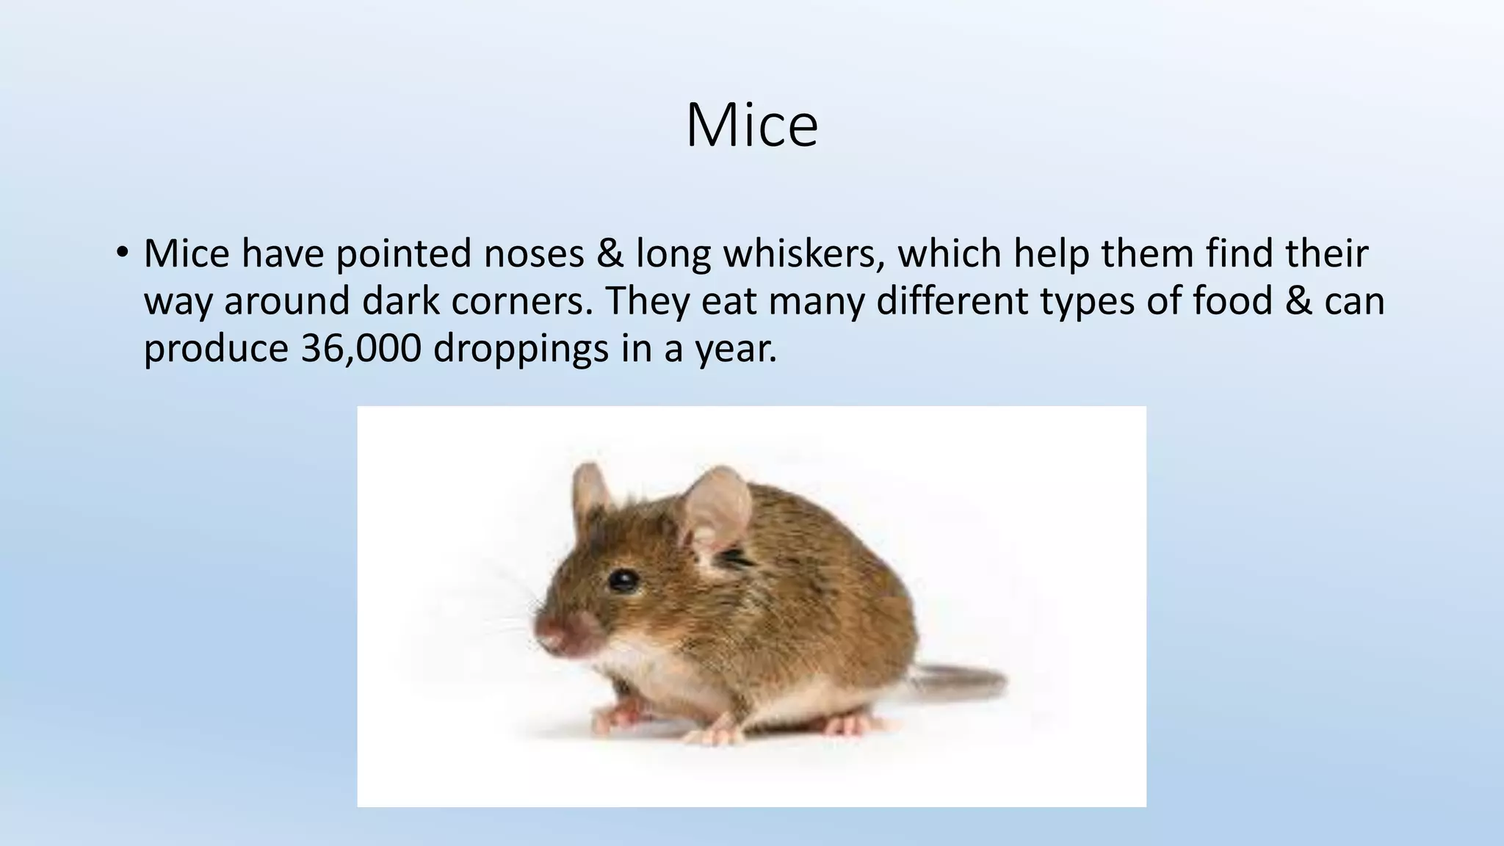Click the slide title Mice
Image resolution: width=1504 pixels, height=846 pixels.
coord(751,126)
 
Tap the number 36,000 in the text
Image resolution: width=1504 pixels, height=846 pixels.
coord(361,349)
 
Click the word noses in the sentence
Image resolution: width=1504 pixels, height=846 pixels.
coord(534,253)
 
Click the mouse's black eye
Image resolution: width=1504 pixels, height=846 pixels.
coord(623,581)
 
